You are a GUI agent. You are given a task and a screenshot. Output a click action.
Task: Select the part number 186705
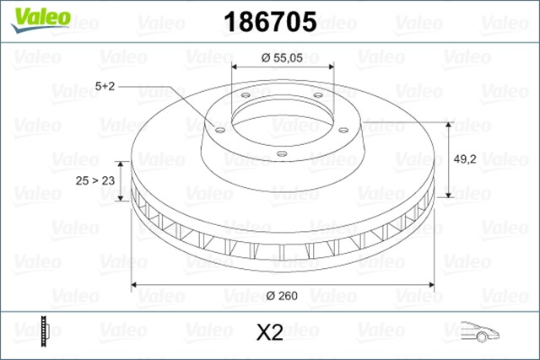269,20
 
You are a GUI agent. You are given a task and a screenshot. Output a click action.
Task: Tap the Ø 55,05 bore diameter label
280,58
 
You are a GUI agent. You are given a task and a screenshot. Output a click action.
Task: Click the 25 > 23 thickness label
94,180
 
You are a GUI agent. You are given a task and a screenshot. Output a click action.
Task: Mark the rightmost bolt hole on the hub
343,129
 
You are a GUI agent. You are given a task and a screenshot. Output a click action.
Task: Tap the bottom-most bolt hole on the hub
282,153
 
